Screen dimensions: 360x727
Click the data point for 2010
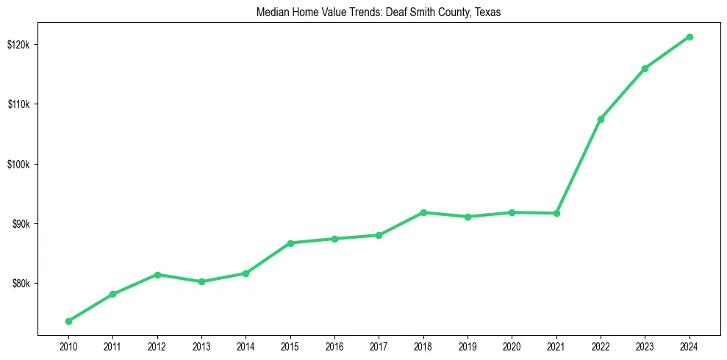[x=68, y=321]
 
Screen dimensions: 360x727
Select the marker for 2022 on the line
[x=601, y=119]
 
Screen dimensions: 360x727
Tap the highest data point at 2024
[x=690, y=37]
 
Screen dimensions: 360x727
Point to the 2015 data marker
[x=290, y=243]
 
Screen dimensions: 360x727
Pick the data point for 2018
[x=423, y=212]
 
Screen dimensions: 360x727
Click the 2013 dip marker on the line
[x=201, y=281]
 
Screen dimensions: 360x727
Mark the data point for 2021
[x=556, y=213]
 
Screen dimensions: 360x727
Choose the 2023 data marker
[x=645, y=68]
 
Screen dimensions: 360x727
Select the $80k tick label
[x=21, y=284]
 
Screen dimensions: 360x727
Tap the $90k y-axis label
[x=21, y=224]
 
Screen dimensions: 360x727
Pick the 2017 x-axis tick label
[x=379, y=346]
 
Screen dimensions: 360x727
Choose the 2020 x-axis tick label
[x=512, y=346]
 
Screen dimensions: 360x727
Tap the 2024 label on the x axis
[x=690, y=346]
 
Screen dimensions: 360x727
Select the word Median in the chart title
[x=271, y=13]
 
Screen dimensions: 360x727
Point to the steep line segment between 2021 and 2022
[x=579, y=166]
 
